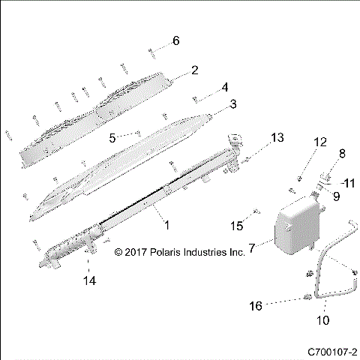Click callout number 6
[x=176, y=40]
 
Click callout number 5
[x=112, y=138]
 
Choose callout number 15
[x=238, y=226]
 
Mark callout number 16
[x=256, y=306]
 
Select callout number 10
[x=325, y=320]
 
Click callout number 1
[x=166, y=224]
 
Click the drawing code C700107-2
[x=331, y=351]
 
